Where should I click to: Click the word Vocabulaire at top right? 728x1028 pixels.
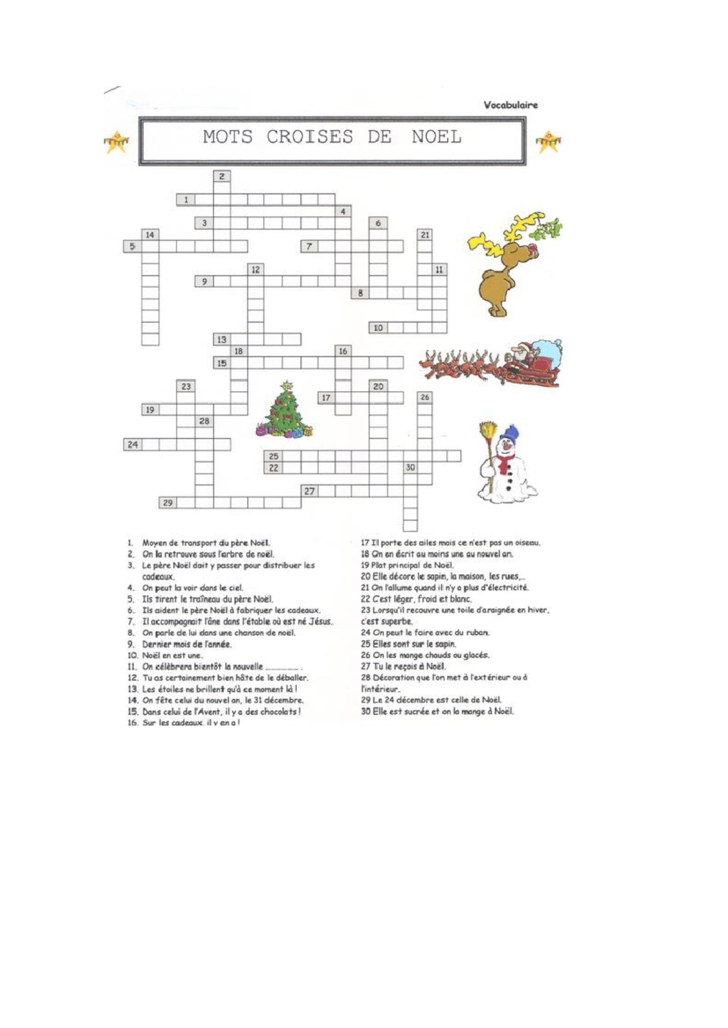coord(510,105)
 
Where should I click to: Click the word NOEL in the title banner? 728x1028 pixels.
coord(436,137)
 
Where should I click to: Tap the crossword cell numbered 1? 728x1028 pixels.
coord(186,199)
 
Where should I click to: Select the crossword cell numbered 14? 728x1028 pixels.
coord(150,235)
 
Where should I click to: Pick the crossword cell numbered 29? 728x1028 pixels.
coord(168,502)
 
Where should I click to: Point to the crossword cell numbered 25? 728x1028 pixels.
coord(274,456)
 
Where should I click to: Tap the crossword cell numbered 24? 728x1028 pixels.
coord(132,444)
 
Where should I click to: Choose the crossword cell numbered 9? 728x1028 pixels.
coord(204,281)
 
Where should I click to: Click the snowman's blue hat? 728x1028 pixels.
coord(511,432)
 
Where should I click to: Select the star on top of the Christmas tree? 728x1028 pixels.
coord(287,385)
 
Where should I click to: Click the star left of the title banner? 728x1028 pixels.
coord(116,142)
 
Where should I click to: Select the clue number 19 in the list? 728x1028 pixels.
coord(365,566)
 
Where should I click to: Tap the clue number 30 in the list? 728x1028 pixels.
coord(365,712)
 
